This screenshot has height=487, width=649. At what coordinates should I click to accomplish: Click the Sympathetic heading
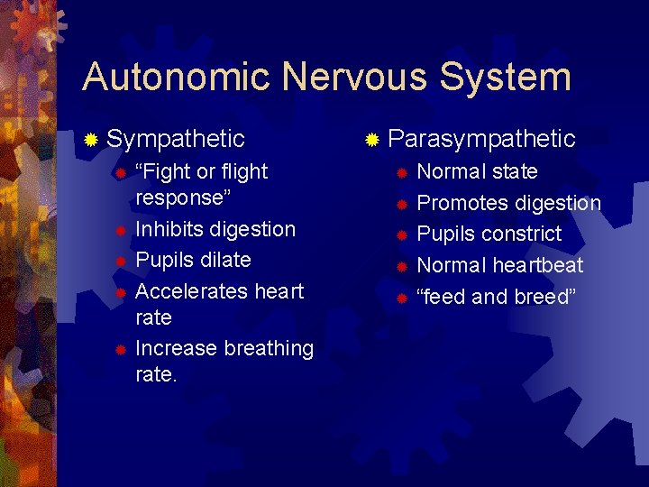176,139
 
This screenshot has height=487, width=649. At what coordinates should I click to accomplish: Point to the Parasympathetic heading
482,139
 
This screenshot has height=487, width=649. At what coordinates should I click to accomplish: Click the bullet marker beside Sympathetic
90,140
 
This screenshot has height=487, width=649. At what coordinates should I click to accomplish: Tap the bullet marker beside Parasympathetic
371,140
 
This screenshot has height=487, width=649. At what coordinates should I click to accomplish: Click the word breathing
268,348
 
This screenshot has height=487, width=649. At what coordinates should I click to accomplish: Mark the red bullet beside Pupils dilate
119,261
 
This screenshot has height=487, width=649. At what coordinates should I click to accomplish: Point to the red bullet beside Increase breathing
119,349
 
